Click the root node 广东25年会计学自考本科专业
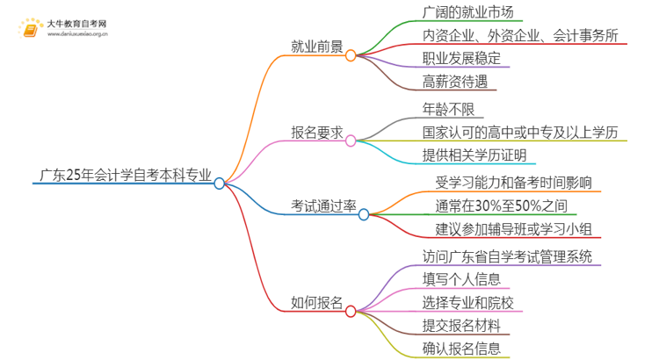(x=123, y=174)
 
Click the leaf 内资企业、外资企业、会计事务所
(x=520, y=36)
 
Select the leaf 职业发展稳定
(x=461, y=60)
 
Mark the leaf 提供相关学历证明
(x=474, y=155)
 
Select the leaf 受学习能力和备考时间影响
(x=507, y=183)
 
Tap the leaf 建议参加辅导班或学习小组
(x=507, y=230)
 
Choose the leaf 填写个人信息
(x=461, y=279)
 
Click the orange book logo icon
(x=32, y=27)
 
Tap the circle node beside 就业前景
(x=350, y=54)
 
